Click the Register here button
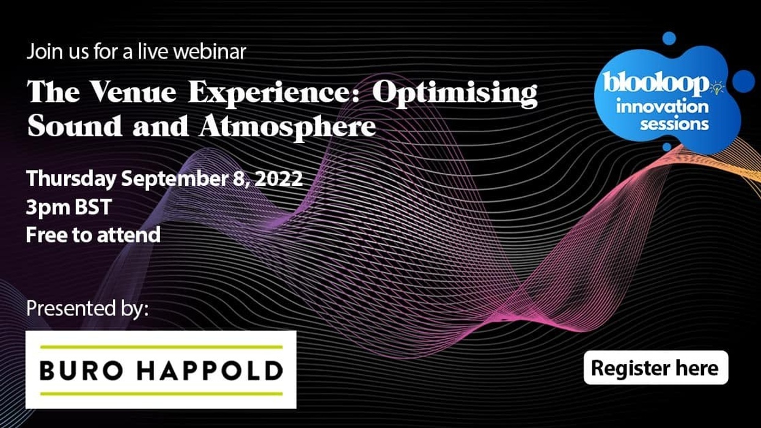pos(655,367)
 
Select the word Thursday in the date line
pos(71,180)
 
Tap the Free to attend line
pos(94,234)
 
